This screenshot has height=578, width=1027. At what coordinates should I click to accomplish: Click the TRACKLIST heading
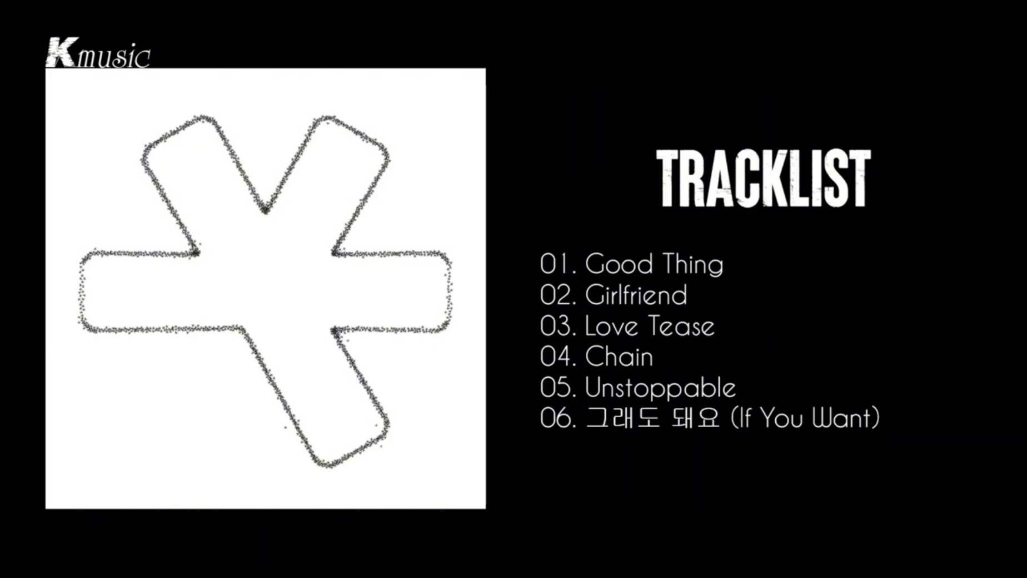pos(764,178)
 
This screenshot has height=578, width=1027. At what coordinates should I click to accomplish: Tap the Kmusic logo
pos(98,53)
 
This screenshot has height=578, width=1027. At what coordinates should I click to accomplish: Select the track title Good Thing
pos(654,265)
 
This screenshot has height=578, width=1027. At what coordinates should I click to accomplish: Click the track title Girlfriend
pos(636,295)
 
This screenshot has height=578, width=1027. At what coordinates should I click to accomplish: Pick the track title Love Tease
pos(650,326)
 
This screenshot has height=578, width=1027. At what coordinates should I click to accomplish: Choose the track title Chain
pos(619,357)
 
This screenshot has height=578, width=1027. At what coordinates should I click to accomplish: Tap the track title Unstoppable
pos(660,388)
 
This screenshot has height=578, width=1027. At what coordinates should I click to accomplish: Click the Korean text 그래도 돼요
pos(653,418)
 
